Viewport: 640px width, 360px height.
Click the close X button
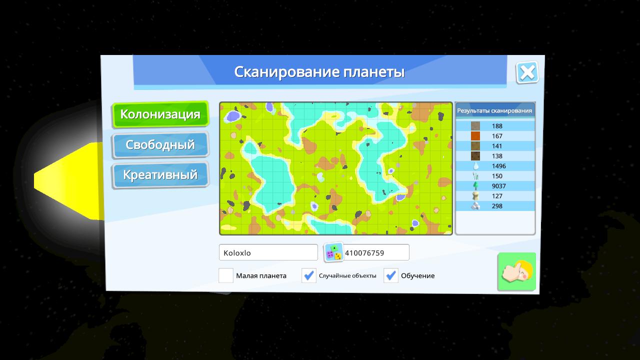[x=527, y=72]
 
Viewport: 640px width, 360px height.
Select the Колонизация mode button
[x=160, y=114]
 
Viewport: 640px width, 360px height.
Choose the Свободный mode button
[x=160, y=145]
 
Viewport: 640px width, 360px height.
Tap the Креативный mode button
[x=160, y=175]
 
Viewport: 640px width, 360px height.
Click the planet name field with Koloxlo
[x=268, y=252]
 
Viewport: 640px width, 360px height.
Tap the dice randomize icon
[x=333, y=252]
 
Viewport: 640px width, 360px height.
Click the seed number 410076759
[x=364, y=253]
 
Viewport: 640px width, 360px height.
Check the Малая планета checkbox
[x=226, y=275]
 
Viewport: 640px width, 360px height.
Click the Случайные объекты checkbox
[x=309, y=275]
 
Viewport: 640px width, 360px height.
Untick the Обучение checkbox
[x=391, y=275]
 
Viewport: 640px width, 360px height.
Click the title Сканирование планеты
[x=319, y=72]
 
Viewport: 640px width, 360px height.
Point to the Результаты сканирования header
[x=494, y=110]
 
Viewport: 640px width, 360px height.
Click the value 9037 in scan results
[x=499, y=186]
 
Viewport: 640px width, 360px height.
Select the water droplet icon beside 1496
[x=475, y=166]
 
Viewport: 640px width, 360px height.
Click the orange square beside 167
[x=475, y=136]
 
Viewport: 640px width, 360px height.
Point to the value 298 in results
[x=497, y=206]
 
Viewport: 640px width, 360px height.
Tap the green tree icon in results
[x=475, y=186]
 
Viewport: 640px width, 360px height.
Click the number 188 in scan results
[x=497, y=126]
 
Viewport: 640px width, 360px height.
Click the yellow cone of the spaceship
[x=68, y=181]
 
